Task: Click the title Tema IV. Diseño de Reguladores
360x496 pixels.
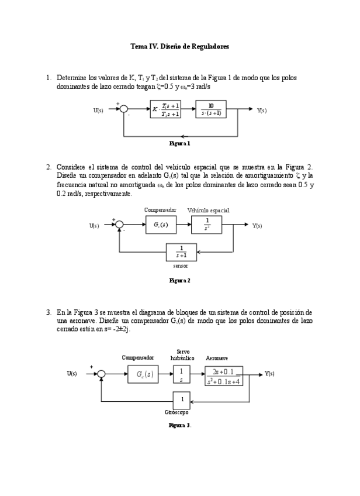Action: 179,46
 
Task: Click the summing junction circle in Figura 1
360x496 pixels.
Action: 123,109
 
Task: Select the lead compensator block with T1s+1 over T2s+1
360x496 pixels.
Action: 165,109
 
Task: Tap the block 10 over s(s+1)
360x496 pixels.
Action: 210,109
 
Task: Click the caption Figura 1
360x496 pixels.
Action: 179,143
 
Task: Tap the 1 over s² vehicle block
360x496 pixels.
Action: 207,225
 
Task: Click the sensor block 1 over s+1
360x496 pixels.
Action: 181,252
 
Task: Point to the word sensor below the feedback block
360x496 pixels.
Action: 181,266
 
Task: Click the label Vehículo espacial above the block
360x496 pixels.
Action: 209,209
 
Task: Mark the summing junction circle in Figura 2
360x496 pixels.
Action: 119,225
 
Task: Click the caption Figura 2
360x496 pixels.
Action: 179,281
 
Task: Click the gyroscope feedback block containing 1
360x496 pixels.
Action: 182,401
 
